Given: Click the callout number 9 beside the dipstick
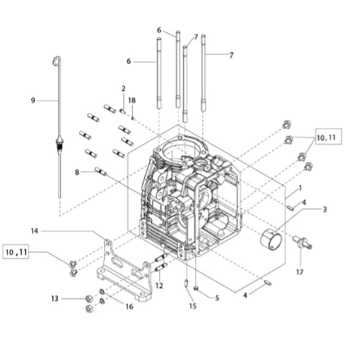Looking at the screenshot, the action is click(33, 100).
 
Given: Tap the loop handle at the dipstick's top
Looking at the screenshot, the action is click(57, 60).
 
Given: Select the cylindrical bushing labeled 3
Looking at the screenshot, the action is click(270, 240).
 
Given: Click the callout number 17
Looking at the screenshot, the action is click(300, 271).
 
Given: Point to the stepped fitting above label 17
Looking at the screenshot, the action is click(303, 242).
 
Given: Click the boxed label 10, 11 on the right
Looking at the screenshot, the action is click(328, 137).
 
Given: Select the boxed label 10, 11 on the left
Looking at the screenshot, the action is click(16, 251).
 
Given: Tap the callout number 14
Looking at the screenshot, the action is click(34, 231).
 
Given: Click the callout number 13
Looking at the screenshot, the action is click(55, 299).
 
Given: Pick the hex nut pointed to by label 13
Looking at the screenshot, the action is click(89, 299).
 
